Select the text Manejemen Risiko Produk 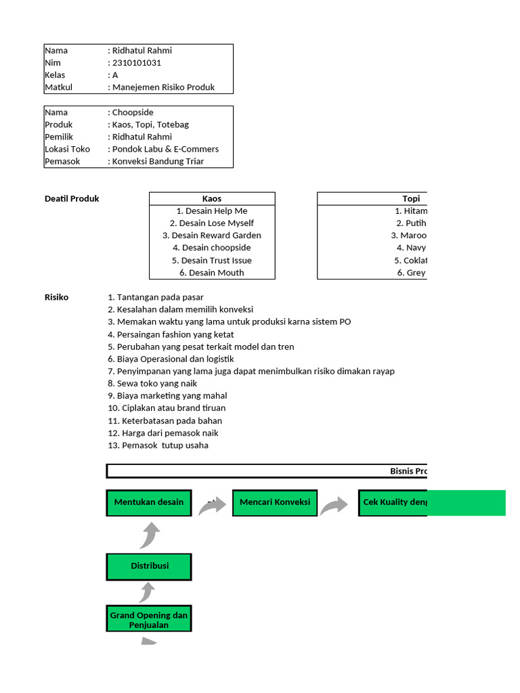(x=163, y=87)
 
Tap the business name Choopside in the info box (x=133, y=112)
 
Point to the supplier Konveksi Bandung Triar (x=158, y=161)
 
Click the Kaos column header (x=212, y=198)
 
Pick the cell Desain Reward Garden (x=212, y=236)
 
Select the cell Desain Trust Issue (x=212, y=261)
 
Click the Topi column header (x=410, y=198)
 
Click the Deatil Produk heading (x=72, y=198)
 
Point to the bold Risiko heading (x=56, y=297)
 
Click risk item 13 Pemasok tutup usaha (x=158, y=445)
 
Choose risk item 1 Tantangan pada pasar (x=156, y=297)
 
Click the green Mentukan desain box (x=149, y=502)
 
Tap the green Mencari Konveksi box (x=275, y=502)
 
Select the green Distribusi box (x=149, y=566)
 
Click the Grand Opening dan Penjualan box (x=149, y=620)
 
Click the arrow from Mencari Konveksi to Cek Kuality (x=334, y=506)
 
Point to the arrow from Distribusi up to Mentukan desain (x=150, y=535)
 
